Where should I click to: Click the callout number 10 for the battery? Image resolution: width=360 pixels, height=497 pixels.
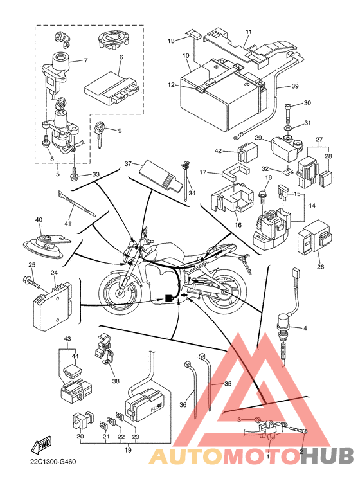pos(186,56)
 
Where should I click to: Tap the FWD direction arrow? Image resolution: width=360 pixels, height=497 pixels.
pos(40,446)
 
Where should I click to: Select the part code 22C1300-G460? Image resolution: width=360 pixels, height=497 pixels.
pos(53,462)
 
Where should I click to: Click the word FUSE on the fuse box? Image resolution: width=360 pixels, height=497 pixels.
pos(156,407)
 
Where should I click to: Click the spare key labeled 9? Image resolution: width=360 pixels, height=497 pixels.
pos(101,134)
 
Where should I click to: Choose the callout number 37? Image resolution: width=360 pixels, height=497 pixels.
pos(128,164)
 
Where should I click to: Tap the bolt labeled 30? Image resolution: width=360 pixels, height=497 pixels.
pos(288,114)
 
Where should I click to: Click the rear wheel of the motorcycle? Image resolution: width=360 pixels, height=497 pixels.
pos(224,290)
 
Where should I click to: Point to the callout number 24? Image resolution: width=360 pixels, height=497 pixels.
pos(54,273)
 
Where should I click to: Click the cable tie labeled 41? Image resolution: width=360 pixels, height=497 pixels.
pos(76,203)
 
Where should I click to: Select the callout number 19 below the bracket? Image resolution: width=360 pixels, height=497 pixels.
pos(128,450)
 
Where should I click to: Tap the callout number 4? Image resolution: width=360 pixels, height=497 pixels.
pos(305,329)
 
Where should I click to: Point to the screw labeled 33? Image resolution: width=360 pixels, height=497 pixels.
pos(73,174)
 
